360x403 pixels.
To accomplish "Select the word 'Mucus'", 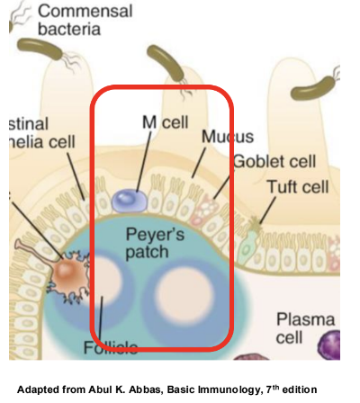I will click(228, 138).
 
